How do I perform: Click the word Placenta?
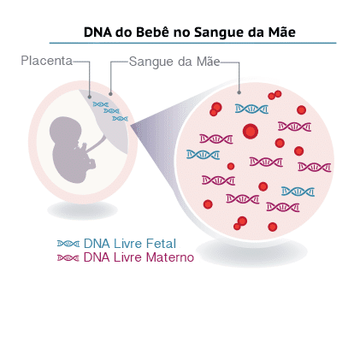[x=47, y=61]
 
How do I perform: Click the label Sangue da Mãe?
[x=174, y=62]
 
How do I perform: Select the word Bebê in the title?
[x=152, y=32]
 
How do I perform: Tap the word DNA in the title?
[x=97, y=32]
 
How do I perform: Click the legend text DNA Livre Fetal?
[x=130, y=244]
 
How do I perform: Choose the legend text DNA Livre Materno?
[x=139, y=257]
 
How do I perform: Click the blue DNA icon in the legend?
[x=68, y=244]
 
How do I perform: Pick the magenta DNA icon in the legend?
[x=68, y=258]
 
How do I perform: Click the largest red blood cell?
[x=251, y=132]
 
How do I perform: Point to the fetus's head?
[x=64, y=131]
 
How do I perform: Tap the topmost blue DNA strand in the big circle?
[x=251, y=109]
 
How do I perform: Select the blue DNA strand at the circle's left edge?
[x=204, y=155]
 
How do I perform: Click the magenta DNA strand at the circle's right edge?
[x=315, y=167]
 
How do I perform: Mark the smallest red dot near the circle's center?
[x=231, y=166]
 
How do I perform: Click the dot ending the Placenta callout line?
[x=90, y=97]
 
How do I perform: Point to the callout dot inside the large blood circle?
[x=239, y=92]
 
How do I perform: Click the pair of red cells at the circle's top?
[x=274, y=95]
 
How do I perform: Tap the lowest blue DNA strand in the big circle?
[x=298, y=192]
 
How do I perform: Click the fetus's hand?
[x=82, y=146]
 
